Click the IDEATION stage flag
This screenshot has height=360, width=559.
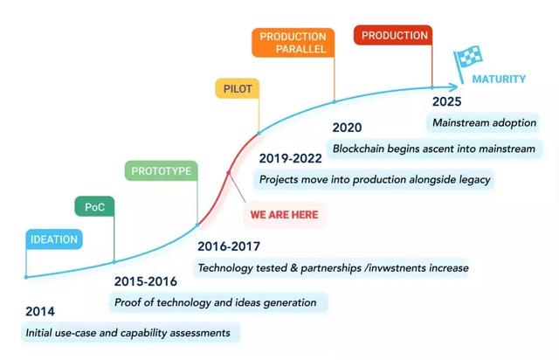tap(54, 239)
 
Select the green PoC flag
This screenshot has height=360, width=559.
tap(94, 206)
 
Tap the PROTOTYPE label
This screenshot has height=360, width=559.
tap(161, 171)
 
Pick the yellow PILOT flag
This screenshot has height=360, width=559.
tap(238, 88)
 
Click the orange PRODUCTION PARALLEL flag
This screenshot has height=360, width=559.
tap(293, 43)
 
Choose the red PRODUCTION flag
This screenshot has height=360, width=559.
tap(393, 35)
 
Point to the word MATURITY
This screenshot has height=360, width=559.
tap(499, 79)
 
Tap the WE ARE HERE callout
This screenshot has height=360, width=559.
tap(284, 214)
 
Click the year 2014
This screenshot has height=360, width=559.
tap(40, 311)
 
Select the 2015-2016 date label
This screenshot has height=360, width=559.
tap(146, 281)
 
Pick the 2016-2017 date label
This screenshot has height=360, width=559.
tap(229, 246)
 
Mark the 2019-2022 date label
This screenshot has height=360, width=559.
tap(290, 158)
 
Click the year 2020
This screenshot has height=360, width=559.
tap(347, 128)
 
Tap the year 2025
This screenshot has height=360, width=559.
tap(446, 101)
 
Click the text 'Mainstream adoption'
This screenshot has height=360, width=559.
tap(484, 122)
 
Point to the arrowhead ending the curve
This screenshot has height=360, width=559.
tap(452, 87)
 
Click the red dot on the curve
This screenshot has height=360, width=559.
tap(229, 173)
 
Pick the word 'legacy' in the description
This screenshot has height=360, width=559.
tap(474, 180)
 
